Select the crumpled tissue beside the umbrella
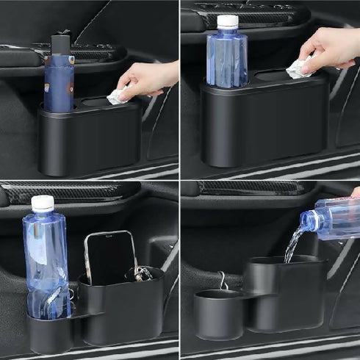118,96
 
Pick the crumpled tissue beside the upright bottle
298,69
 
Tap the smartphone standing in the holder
110,257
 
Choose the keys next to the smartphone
143,273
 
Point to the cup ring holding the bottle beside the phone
50,323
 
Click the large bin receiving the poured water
285,298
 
